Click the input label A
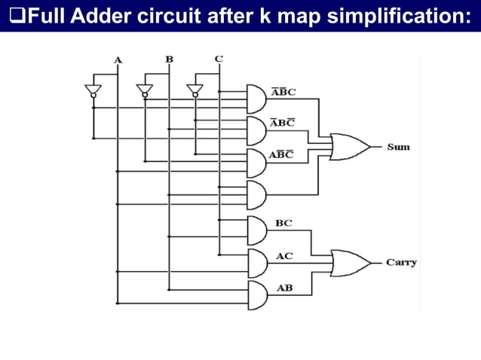[x=118, y=59]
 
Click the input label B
[x=169, y=59]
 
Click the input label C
[x=219, y=59]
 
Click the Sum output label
[x=398, y=147]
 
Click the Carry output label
[x=401, y=263]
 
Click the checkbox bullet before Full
[x=10, y=16]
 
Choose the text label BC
[x=283, y=223]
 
